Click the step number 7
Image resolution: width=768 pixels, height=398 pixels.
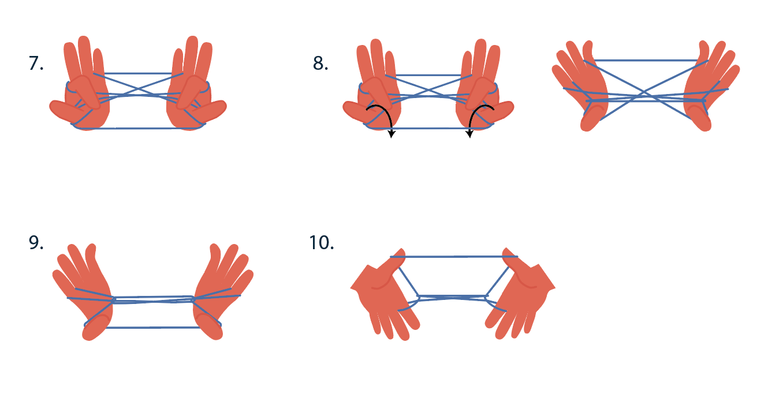tap(36, 63)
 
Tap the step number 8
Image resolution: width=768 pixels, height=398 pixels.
tap(320, 63)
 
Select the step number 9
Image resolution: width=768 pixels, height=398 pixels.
tap(36, 242)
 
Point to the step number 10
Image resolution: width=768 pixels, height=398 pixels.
tap(321, 242)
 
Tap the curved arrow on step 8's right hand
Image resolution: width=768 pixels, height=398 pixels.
tap(474, 112)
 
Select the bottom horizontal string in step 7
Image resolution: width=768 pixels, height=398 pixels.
tap(137, 129)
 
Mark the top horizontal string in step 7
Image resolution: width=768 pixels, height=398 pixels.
tap(138, 73)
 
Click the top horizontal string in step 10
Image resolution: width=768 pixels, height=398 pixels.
tap(454, 256)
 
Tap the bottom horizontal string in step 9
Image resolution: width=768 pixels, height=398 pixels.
tap(153, 328)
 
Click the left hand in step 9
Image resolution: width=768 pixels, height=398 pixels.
tap(84, 291)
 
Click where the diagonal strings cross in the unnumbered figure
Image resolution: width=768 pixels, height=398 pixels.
tap(644, 92)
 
